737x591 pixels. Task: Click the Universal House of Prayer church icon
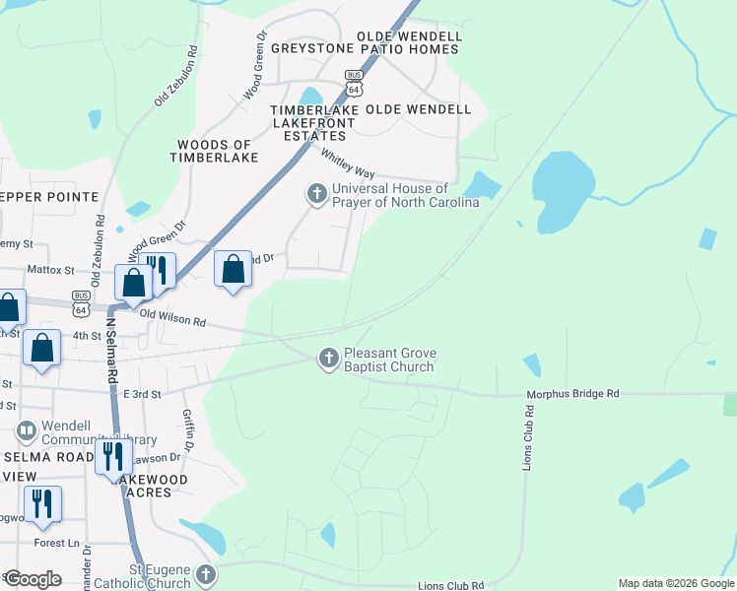coord(317,194)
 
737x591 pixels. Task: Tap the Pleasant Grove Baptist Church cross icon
coord(329,360)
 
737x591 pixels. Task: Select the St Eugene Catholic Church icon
coord(205,574)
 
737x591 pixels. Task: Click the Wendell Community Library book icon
coord(26,431)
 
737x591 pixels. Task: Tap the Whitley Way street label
coord(347,164)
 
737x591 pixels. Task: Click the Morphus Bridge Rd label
coord(572,394)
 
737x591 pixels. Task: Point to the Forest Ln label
coord(55,542)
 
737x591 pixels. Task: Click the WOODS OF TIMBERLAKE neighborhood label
coord(214,151)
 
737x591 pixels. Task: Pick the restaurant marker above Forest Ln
coord(42,503)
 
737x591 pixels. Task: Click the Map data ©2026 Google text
coord(675,583)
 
